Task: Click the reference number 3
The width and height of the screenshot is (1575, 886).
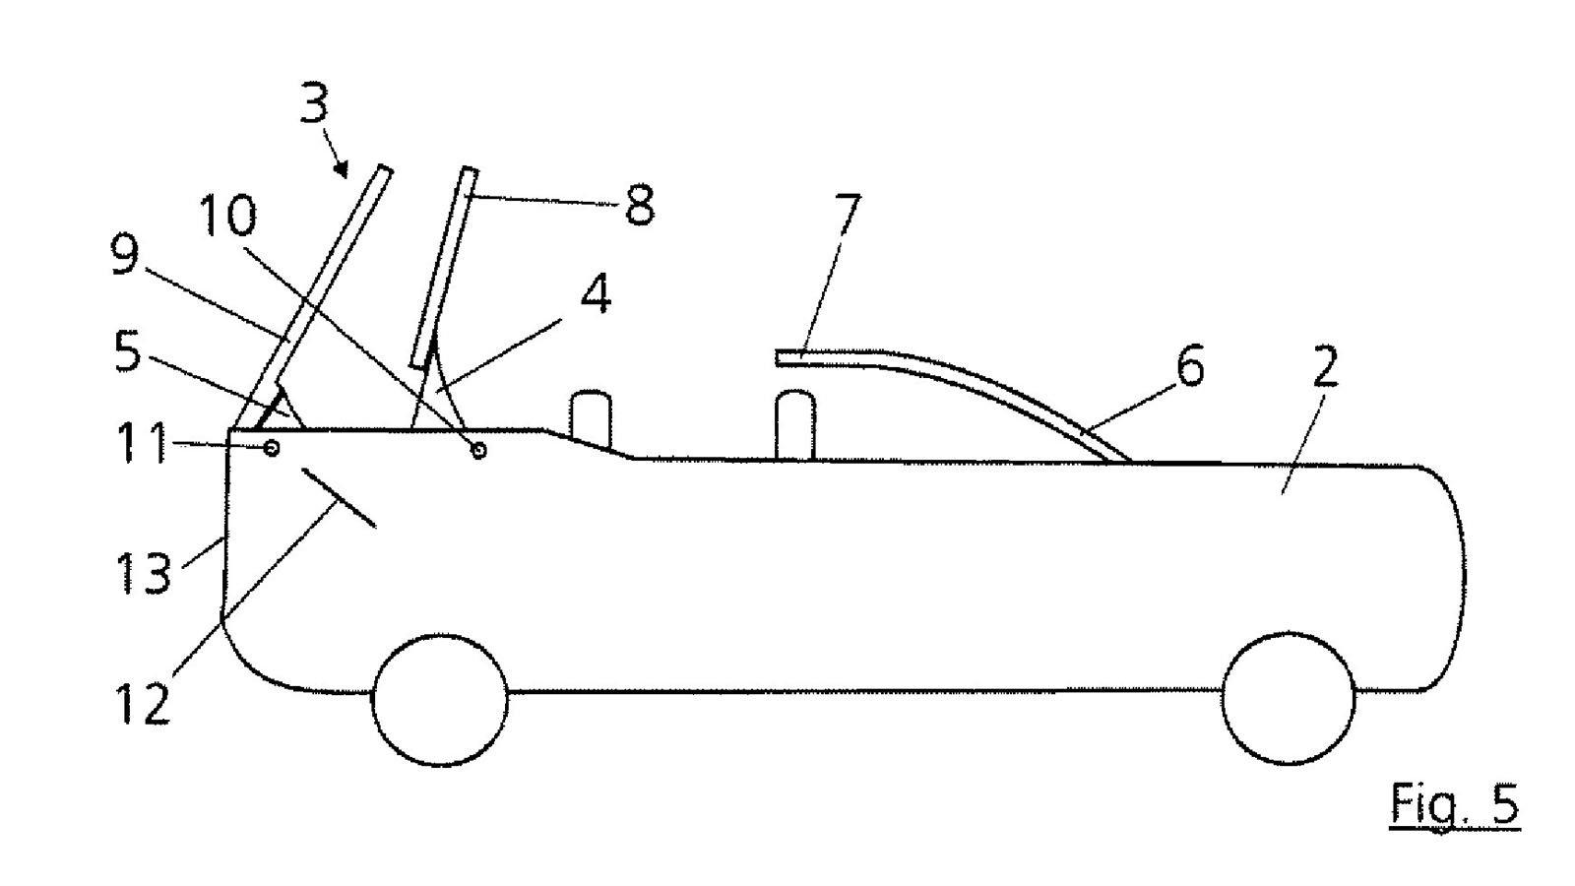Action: [314, 102]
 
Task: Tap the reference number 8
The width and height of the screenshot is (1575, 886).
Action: [640, 204]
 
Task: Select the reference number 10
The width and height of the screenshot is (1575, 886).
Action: [228, 215]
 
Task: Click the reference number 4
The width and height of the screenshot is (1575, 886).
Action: [597, 293]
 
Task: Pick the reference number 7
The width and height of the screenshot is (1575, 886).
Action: [848, 215]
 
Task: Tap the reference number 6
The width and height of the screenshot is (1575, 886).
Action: [1190, 365]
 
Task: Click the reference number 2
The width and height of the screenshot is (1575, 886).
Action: [1325, 366]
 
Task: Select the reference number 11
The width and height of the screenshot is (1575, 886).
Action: [142, 442]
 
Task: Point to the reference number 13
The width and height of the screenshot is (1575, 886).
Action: [144, 572]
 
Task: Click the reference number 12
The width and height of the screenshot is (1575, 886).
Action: [143, 703]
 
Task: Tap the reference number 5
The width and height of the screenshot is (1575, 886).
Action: [127, 352]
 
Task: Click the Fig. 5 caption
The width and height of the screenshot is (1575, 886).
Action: [1455, 803]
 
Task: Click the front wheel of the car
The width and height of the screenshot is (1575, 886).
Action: [439, 700]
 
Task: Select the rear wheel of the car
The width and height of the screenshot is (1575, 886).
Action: [1289, 698]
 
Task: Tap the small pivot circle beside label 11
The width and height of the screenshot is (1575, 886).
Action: [272, 448]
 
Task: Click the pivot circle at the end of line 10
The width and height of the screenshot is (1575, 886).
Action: [478, 450]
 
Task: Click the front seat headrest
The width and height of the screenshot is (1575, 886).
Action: [591, 419]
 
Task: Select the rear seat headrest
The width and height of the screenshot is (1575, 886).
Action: [795, 425]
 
